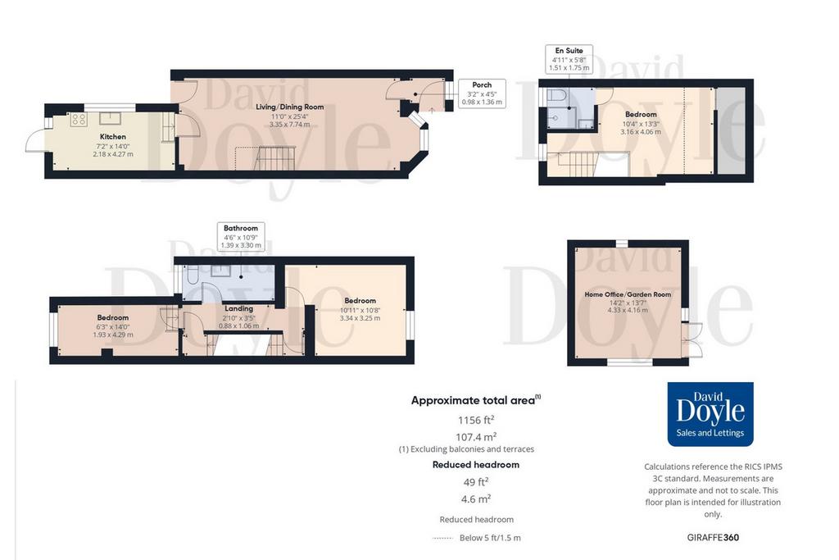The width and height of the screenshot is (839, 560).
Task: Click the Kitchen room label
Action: pyautogui.click(x=113, y=137)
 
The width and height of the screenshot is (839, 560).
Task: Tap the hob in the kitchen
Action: pyautogui.click(x=79, y=119)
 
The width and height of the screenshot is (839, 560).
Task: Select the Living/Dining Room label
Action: pyautogui.click(x=289, y=107)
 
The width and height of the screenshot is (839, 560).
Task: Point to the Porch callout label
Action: pyautogui.click(x=482, y=84)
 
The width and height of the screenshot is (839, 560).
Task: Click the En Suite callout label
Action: pyautogui.click(x=569, y=51)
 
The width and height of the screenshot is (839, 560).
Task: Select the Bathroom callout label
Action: pyautogui.click(x=241, y=228)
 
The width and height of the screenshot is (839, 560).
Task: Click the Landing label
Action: pyautogui.click(x=238, y=308)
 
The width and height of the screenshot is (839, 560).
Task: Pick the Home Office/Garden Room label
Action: pyautogui.click(x=628, y=294)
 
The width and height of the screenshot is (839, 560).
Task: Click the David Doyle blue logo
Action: pyautogui.click(x=710, y=414)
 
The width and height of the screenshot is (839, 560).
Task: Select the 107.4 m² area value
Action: pyautogui.click(x=476, y=437)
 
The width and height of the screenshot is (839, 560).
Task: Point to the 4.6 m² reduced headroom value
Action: pyautogui.click(x=476, y=499)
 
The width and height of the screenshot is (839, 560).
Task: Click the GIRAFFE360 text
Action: pyautogui.click(x=713, y=537)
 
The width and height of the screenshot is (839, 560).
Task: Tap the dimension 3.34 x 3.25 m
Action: pyautogui.click(x=360, y=318)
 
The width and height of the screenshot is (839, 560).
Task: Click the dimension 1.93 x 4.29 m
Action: pyautogui.click(x=113, y=335)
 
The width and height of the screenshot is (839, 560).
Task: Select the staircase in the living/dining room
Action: pyautogui.click(x=275, y=158)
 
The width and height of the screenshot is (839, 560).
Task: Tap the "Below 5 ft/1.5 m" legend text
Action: pyautogui.click(x=490, y=538)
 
